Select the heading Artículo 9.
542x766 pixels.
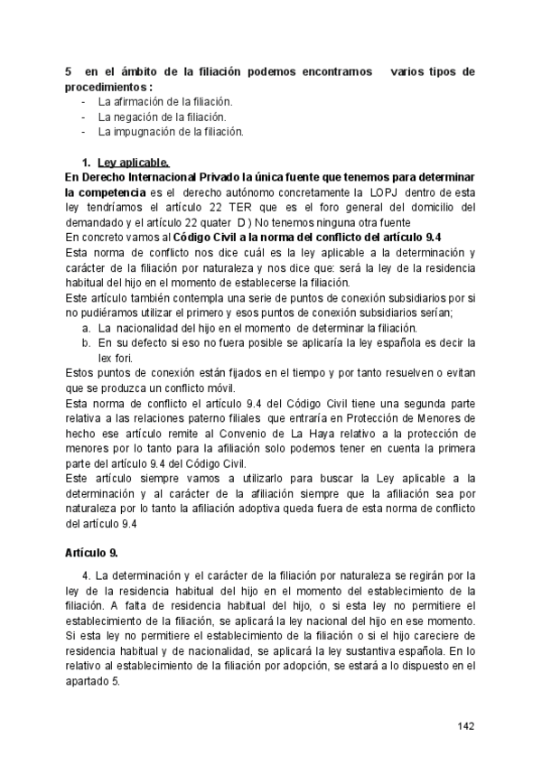(91, 551)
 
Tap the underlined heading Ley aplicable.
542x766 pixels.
(132, 163)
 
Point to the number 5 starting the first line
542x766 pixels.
(69, 70)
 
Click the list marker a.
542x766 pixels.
(86, 327)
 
